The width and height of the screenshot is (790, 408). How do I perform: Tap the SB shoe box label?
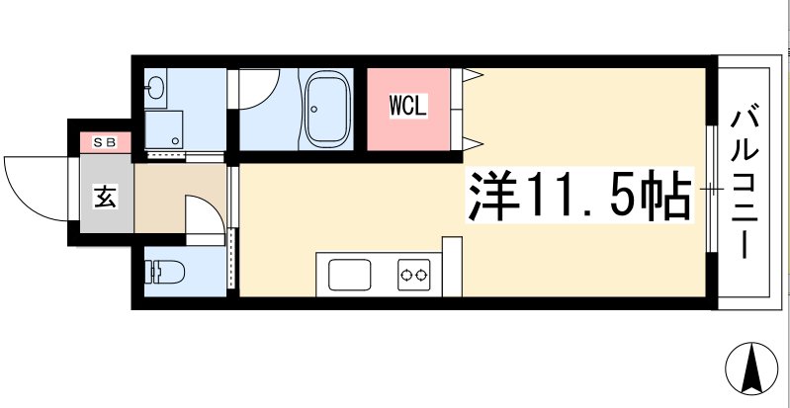pos(104,142)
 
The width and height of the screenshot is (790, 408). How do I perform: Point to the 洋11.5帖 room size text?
pos(578,197)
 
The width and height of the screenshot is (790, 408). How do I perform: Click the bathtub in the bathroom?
pos(325,109)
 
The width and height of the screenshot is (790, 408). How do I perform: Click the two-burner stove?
pos(412,274)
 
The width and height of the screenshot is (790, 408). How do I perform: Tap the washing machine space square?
pos(162,129)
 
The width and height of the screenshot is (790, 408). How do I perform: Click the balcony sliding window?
pos(712,187)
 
